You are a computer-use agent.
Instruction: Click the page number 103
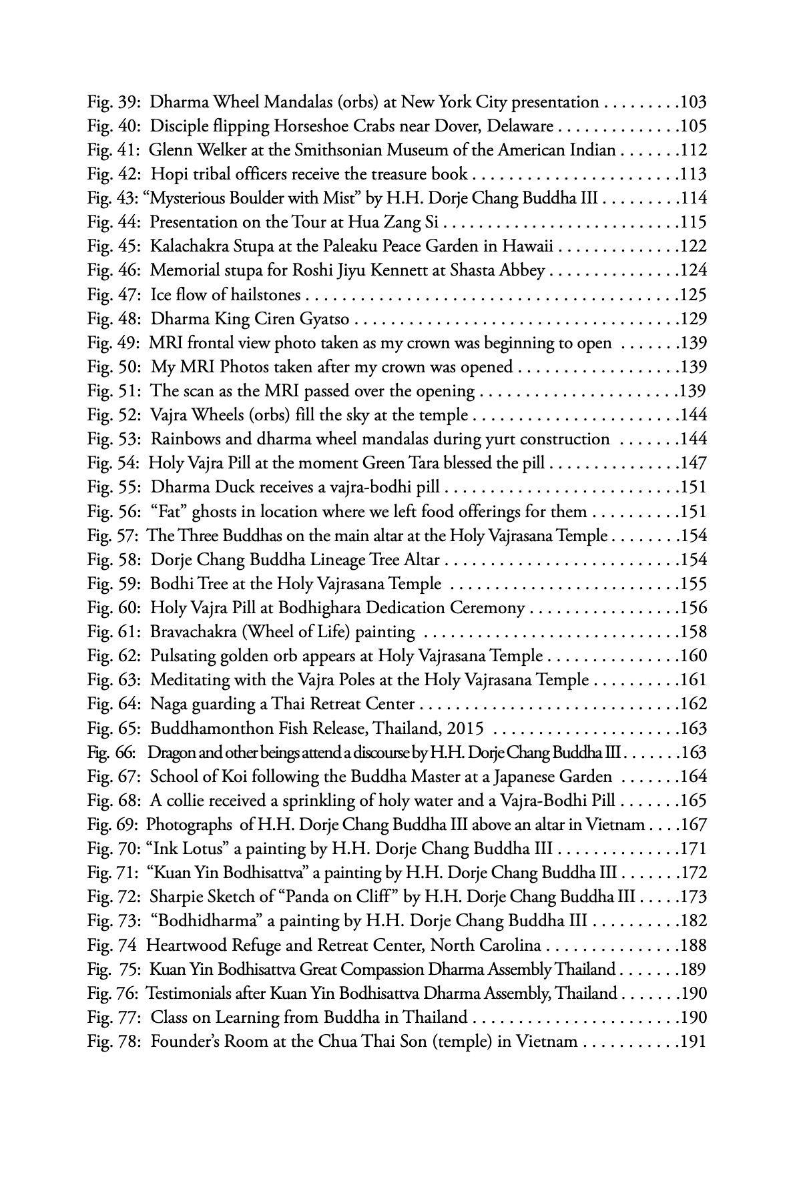[693, 102]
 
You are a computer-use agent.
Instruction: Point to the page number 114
[693, 198]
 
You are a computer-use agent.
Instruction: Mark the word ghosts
[233, 512]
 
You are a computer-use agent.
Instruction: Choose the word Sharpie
[176, 897]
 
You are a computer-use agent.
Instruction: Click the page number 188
[693, 945]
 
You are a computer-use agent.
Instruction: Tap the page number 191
[693, 1041]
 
